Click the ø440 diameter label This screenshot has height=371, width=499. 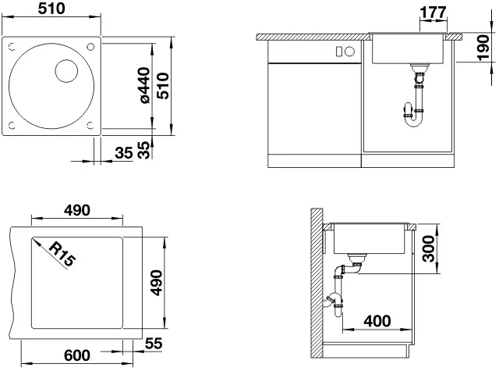tap(145, 85)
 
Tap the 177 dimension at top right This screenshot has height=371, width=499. tap(434, 12)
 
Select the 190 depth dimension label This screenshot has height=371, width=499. tap(483, 48)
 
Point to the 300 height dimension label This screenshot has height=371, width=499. tap(428, 248)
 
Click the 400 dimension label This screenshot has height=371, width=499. tap(377, 321)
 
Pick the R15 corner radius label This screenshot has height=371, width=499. tap(62, 254)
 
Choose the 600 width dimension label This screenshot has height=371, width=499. tap(77, 355)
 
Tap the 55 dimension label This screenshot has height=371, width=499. tap(154, 343)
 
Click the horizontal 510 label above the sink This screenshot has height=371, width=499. tap(51, 9)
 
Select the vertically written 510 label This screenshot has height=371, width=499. tap(164, 86)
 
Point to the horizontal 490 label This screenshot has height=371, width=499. tap(77, 210)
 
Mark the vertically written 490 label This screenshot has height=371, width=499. tap(156, 283)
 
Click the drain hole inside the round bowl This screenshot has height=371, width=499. tap(66, 71)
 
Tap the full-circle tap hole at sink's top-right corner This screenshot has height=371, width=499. tap(90, 47)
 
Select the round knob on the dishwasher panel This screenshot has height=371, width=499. tap(350, 52)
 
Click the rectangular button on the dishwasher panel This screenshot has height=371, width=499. tap(339, 52)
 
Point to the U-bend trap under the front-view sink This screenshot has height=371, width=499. tap(413, 116)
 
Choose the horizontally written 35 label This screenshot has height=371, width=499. tap(124, 153)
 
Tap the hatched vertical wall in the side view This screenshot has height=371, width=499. tap(317, 283)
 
